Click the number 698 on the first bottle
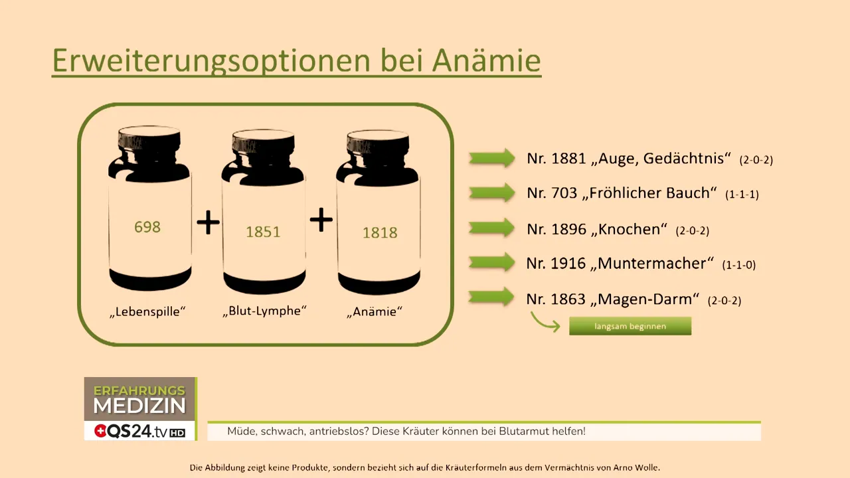(147, 227)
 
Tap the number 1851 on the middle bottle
(263, 232)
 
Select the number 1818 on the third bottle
(380, 232)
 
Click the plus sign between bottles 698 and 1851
(208, 222)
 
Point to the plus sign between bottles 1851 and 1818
(321, 220)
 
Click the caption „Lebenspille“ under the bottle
(147, 311)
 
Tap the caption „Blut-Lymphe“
(265, 311)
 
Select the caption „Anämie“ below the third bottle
(375, 311)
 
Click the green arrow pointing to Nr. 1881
(492, 158)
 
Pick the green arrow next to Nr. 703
(492, 193)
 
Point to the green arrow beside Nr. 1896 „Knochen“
(492, 228)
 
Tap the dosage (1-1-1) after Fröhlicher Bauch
(742, 195)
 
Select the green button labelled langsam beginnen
(630, 326)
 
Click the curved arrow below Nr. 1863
(545, 323)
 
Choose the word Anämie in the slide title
(486, 60)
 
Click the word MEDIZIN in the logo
(139, 406)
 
